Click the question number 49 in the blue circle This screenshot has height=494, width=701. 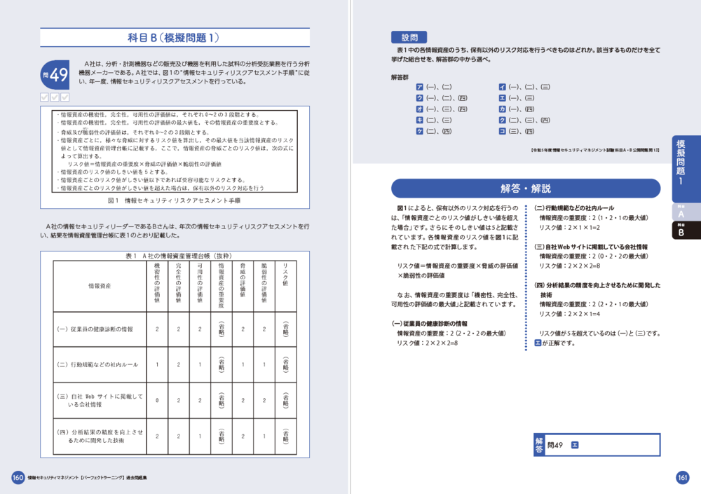[x=55, y=74]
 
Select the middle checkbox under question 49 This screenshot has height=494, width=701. [x=55, y=97]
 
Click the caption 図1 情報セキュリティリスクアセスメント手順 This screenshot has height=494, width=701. [x=175, y=200]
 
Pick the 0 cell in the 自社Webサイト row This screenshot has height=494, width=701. [x=158, y=401]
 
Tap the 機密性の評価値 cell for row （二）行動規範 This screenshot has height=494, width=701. [x=158, y=365]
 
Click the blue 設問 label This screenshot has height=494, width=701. [x=409, y=37]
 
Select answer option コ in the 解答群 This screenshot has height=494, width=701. [x=502, y=131]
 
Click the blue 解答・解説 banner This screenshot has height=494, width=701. [x=525, y=188]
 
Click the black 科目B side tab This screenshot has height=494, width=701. [x=680, y=231]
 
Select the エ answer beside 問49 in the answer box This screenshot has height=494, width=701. [x=575, y=444]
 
